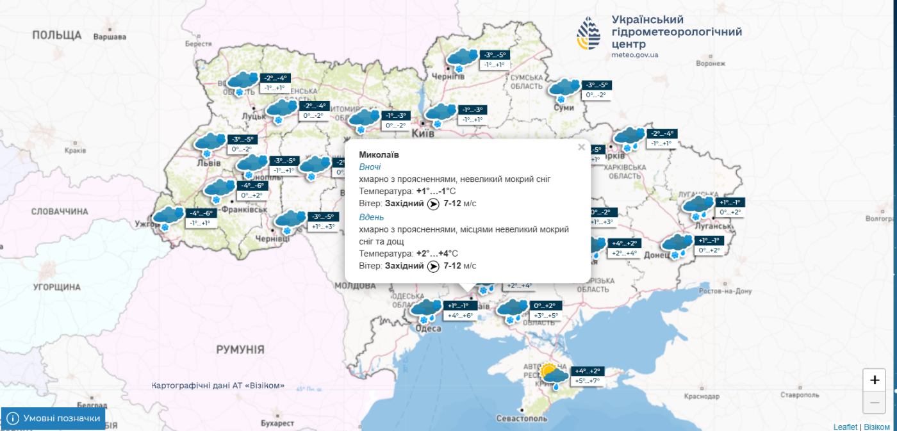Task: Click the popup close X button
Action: click(581, 147)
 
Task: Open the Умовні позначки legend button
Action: click(53, 418)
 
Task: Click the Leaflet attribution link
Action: click(845, 427)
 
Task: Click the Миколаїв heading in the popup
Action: click(379, 155)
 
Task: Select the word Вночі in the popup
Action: click(370, 167)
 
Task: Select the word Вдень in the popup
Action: click(372, 217)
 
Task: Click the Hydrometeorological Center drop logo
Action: click(589, 35)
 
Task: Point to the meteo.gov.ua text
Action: click(634, 56)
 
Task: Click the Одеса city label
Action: click(428, 329)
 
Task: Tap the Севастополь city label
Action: click(522, 419)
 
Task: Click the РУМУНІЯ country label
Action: click(240, 350)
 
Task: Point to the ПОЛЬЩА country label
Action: click(57, 35)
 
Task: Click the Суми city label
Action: click(564, 108)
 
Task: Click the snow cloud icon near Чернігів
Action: click(461, 59)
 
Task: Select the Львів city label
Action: click(206, 163)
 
